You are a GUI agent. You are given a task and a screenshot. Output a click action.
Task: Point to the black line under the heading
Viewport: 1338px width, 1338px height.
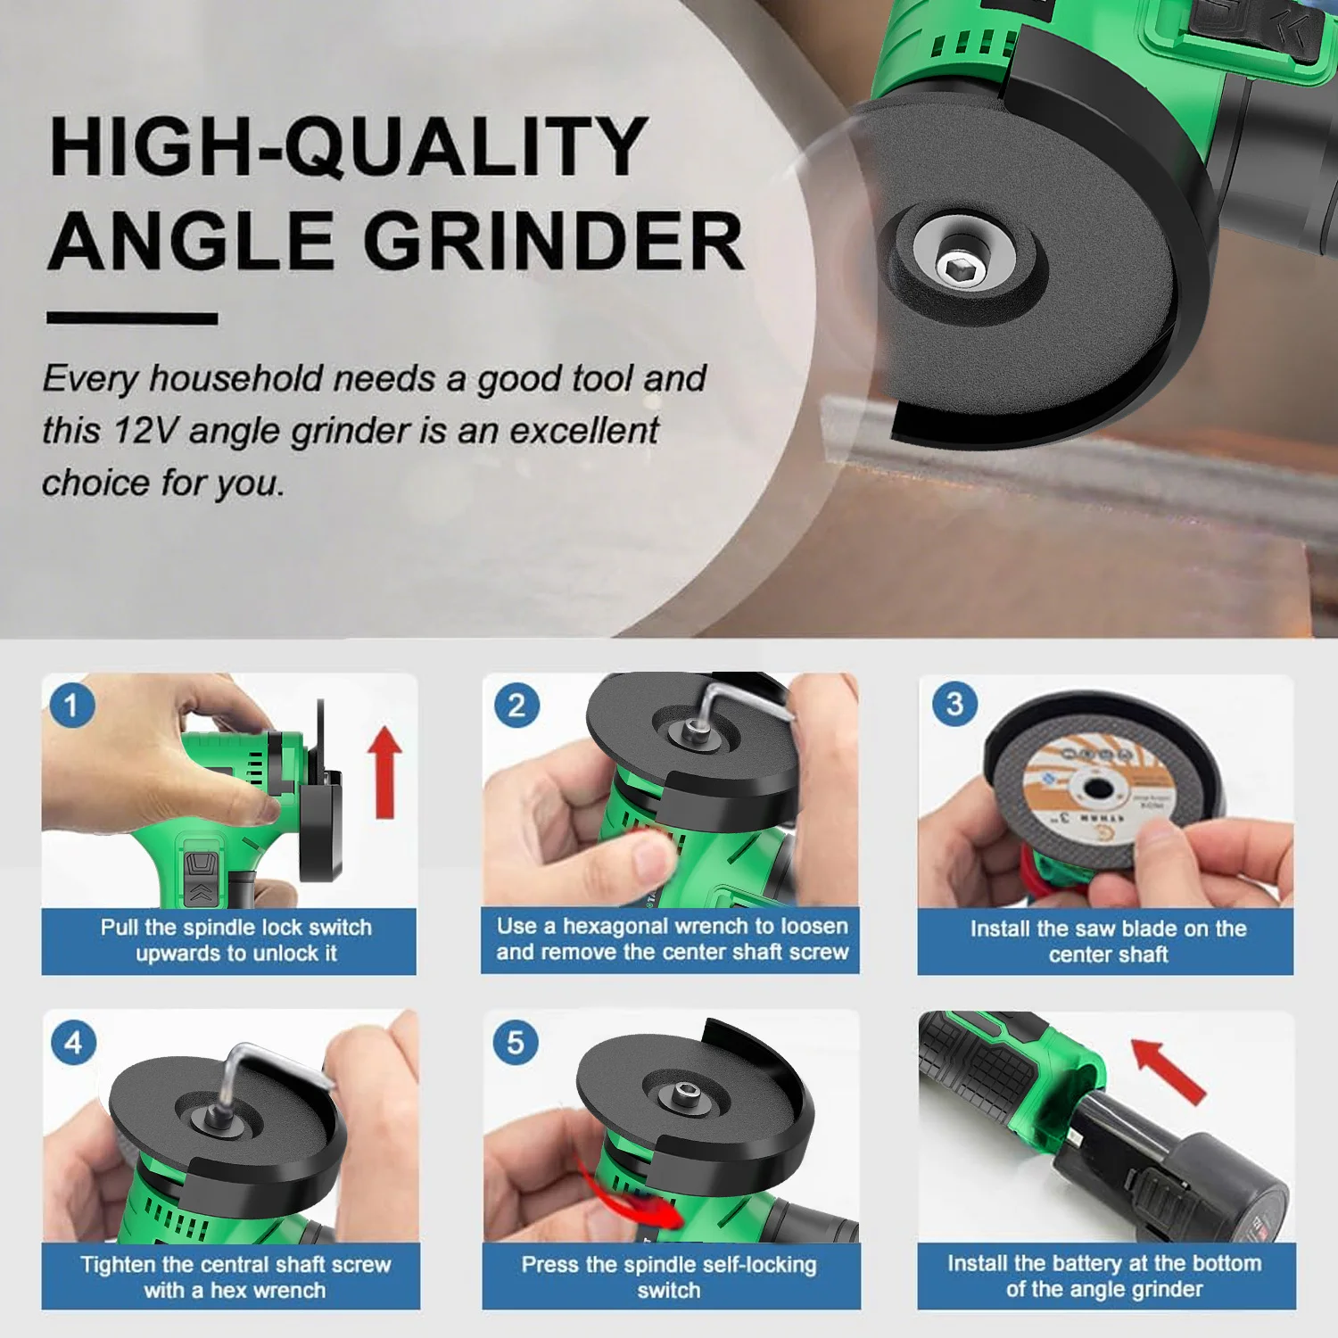tap(132, 318)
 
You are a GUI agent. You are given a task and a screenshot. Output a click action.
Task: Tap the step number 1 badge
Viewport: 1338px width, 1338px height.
tap(72, 706)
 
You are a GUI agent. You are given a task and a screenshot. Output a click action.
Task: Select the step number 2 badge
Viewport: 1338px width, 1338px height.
tap(516, 706)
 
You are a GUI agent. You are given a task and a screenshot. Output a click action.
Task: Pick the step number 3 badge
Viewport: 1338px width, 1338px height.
tap(954, 704)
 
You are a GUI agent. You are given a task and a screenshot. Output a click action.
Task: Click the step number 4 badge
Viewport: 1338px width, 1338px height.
tap(73, 1042)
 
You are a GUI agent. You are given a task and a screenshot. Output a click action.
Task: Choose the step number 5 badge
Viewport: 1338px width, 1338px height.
tap(516, 1042)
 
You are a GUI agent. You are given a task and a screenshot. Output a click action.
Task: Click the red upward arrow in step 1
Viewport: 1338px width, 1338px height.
tap(385, 772)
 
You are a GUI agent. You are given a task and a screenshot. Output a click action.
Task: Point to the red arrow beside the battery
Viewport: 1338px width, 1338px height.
tap(1169, 1069)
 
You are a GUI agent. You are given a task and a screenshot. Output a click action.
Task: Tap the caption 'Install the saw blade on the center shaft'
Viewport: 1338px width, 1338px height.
tap(1107, 941)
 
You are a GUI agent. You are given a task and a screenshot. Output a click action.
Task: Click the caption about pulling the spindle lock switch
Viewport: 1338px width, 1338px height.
tap(236, 940)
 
